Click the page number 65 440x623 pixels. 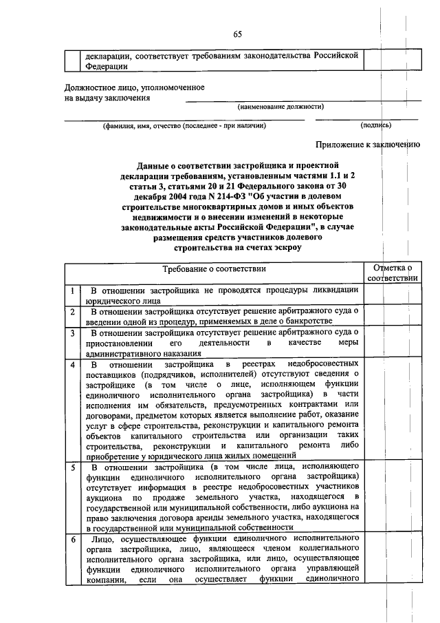pos(238,34)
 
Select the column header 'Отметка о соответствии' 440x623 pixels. pos(391,273)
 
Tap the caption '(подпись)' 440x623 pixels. pos(376,125)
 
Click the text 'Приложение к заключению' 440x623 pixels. pos(367,145)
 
